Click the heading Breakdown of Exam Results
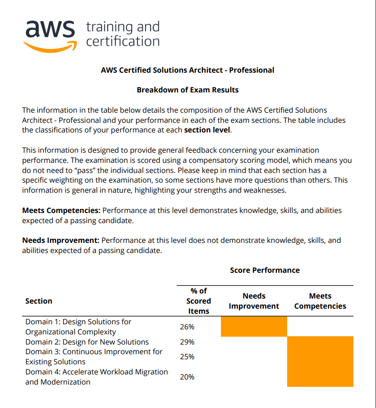tap(188, 90)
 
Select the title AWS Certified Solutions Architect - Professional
tap(188, 70)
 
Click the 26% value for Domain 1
tap(187, 327)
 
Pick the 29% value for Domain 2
tap(187, 342)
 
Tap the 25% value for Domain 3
tap(187, 356)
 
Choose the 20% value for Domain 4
tap(187, 377)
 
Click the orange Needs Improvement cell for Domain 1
tap(254, 327)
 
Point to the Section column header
tap(39, 301)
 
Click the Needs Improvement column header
tap(254, 301)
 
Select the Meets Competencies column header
tap(320, 301)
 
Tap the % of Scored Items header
tap(199, 301)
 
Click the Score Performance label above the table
tap(265, 270)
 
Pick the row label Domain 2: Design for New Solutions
tap(87, 342)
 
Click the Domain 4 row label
tap(97, 377)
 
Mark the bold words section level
tap(207, 130)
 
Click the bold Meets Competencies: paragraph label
tap(61, 210)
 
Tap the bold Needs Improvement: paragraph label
tap(61, 241)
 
